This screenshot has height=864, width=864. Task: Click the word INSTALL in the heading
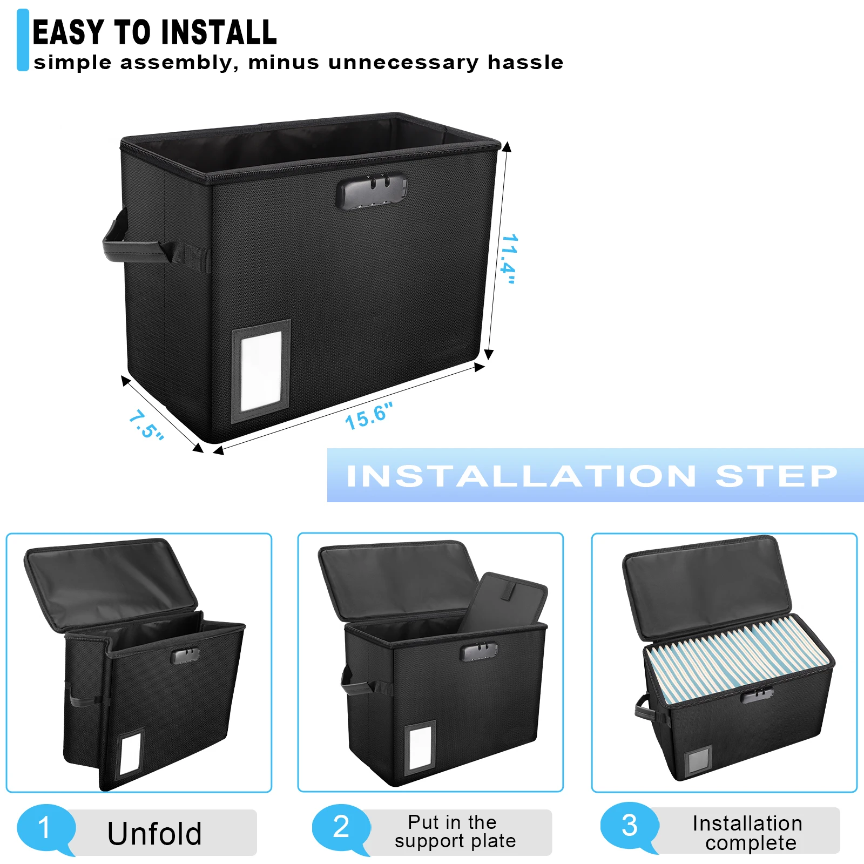point(219,32)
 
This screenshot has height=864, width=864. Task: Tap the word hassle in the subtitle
point(525,63)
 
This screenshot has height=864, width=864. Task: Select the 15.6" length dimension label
point(368,416)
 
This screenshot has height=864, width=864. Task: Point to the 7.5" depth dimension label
point(146,425)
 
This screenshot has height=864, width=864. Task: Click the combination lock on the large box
point(372,191)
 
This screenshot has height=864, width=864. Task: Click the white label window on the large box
point(261,370)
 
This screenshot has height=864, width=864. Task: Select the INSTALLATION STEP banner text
point(591,476)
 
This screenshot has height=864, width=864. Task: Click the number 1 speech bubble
point(45,828)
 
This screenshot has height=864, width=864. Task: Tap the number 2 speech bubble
point(341,827)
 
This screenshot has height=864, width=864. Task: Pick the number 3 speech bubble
point(629,826)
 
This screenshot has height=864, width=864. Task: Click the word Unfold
point(154,833)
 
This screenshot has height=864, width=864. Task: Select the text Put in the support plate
point(455,832)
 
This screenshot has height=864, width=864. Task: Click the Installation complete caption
point(748,833)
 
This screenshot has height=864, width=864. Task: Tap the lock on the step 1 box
point(185,656)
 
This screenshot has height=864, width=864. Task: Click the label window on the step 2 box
point(420,747)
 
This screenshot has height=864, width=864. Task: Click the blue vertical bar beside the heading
point(23,40)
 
